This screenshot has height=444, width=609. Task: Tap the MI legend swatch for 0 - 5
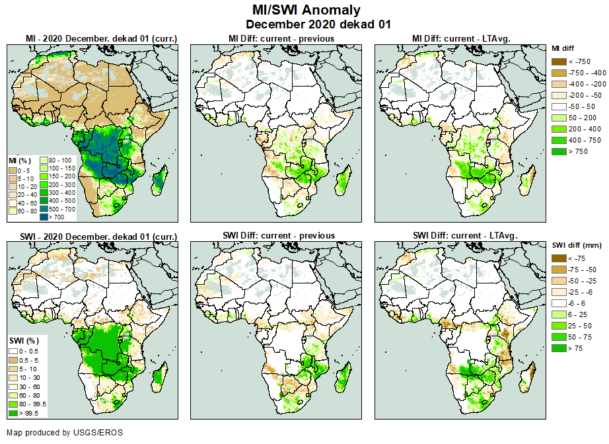pos(13,170)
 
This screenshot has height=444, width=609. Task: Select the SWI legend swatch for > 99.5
pos(13,413)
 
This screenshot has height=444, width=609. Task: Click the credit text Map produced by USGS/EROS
pos(65,433)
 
